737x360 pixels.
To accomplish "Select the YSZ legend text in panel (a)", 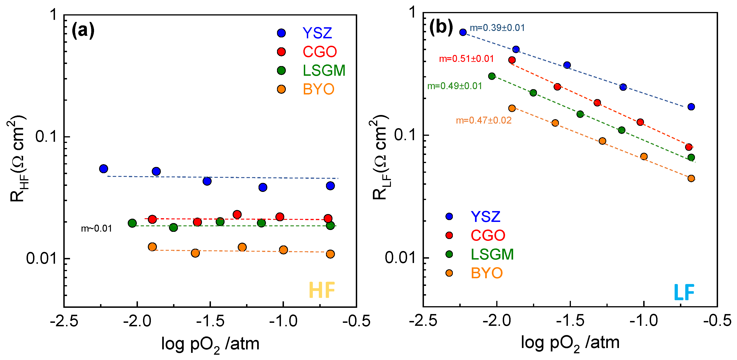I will coord(317,33).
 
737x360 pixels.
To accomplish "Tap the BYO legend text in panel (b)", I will coord(487,273).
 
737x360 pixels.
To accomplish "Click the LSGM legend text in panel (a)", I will coord(324,71).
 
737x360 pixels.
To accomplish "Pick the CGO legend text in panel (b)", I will coord(488,235).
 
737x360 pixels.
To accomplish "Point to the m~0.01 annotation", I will coord(96,228).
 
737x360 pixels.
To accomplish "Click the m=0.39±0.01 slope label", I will coord(497,28).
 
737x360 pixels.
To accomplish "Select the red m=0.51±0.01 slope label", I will coord(466,59).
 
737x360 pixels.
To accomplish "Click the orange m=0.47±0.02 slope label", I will coord(484,120).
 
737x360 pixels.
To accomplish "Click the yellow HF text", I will coord(322,290).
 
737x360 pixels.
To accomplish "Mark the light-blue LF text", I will coord(684,292).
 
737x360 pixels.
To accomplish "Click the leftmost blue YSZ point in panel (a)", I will coord(104,169).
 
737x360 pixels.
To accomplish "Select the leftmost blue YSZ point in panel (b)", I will coord(463,32).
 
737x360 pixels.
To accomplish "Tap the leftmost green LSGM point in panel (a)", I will coord(132,223).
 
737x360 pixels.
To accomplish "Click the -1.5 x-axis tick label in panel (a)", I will coord(210,321).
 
